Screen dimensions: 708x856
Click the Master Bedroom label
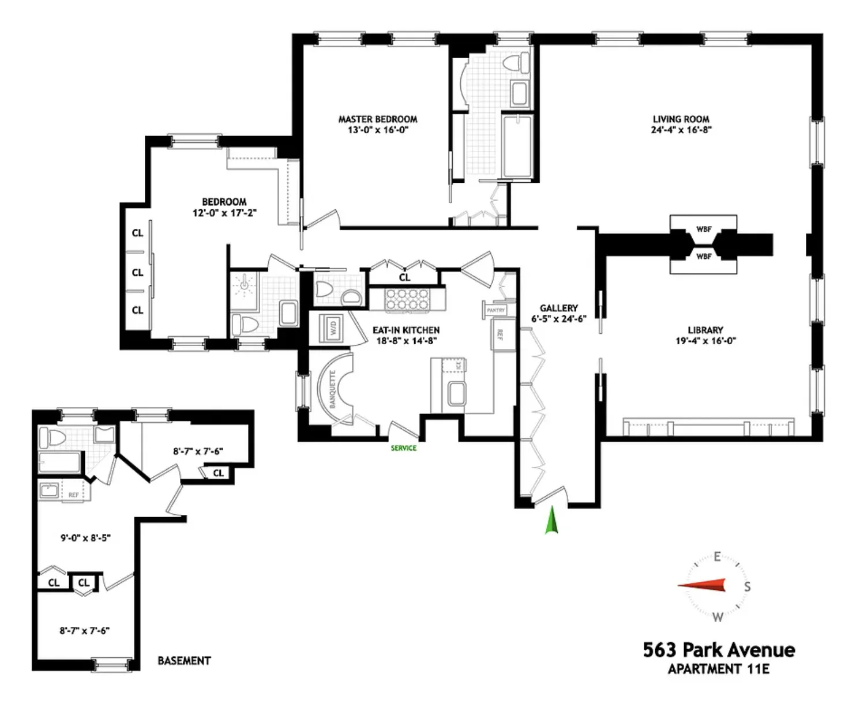[377, 119]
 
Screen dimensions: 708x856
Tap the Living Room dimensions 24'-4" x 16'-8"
[681, 130]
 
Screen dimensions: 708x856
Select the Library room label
[705, 330]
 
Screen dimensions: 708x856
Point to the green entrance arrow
[552, 520]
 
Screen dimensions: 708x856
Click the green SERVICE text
[403, 448]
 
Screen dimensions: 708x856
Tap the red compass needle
[703, 586]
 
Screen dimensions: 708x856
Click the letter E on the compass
[717, 557]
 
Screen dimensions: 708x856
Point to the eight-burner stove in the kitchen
[407, 300]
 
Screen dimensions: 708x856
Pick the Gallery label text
[558, 308]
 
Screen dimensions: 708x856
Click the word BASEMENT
[184, 661]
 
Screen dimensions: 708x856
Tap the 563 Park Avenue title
[719, 650]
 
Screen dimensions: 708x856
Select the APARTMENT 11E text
[719, 669]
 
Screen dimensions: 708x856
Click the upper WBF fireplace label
[704, 229]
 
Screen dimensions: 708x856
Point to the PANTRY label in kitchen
[495, 310]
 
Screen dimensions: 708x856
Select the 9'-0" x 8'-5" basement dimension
[85, 538]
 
